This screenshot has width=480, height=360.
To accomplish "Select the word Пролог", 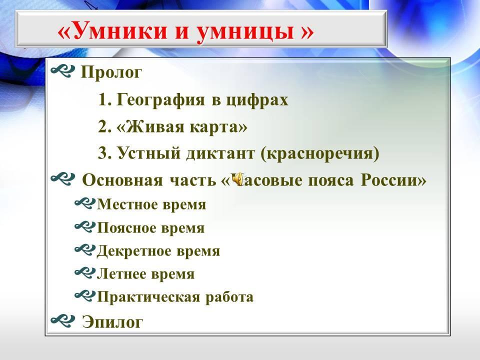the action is (x=111, y=73).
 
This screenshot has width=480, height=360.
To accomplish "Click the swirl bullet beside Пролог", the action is (x=63, y=71).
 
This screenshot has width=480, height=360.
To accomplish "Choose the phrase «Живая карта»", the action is (x=182, y=127).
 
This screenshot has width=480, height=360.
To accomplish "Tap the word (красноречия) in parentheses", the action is (x=320, y=153).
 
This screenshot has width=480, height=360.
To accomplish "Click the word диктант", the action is (x=220, y=153).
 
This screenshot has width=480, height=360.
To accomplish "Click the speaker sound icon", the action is (x=237, y=179).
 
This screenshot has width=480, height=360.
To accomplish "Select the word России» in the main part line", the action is (x=393, y=180).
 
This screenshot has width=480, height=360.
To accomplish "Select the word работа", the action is (x=229, y=297).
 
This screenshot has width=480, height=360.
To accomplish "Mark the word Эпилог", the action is (x=112, y=322).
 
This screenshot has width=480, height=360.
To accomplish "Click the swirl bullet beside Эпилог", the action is (x=63, y=319).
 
